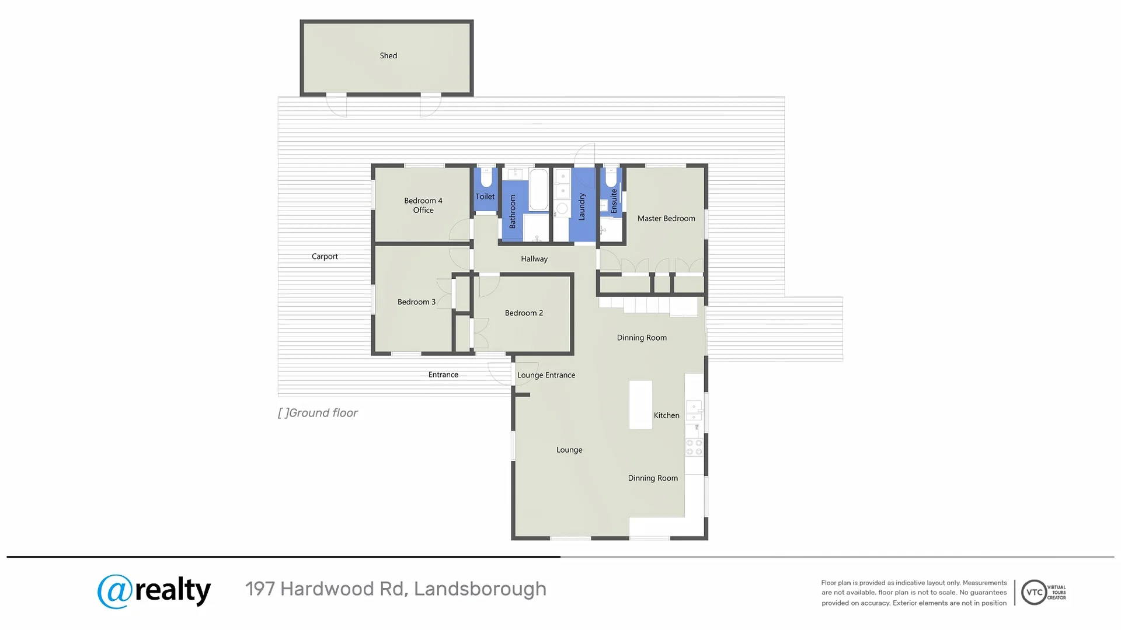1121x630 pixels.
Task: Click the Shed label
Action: [388, 56]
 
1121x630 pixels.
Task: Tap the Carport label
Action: [325, 257]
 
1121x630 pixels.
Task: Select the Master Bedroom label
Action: [666, 219]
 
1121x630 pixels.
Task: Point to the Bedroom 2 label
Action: [524, 313]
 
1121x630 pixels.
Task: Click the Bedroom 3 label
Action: [416, 302]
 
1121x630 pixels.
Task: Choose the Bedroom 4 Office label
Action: [423, 205]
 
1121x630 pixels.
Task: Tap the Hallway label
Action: [534, 259]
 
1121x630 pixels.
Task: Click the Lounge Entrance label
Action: [546, 376]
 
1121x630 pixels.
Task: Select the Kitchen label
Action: [666, 415]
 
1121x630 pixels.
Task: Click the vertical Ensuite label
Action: [614, 201]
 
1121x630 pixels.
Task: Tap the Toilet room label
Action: [485, 197]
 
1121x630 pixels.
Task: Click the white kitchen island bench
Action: [640, 405]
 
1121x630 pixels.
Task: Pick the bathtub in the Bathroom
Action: [538, 189]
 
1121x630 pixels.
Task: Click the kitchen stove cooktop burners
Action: [694, 447]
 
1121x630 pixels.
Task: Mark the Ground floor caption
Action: [318, 413]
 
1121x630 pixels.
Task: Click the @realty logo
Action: [154, 591]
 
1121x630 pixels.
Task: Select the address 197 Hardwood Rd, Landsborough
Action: [396, 589]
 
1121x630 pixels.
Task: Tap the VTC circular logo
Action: [1034, 593]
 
